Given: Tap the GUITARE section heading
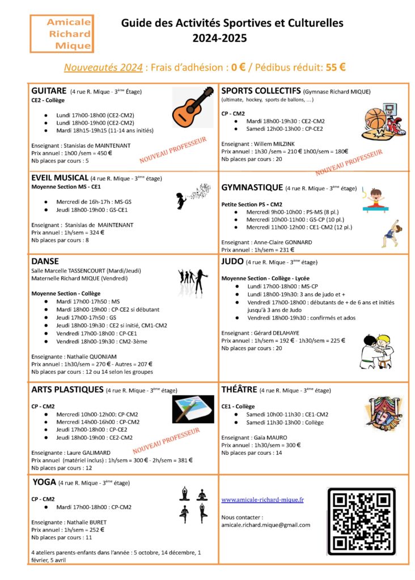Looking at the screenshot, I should pos(49,91).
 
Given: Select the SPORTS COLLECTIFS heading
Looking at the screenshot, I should pos(261,91).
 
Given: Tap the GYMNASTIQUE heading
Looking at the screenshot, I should pos(252,187).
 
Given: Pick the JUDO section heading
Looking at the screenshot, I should pos(232,262).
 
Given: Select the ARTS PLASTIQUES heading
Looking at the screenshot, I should pos(67,390).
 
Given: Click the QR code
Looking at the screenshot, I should pos(361,521).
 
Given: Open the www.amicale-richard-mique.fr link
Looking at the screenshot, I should pos(262,500).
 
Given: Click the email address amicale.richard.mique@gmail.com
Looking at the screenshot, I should pos(265,525).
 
